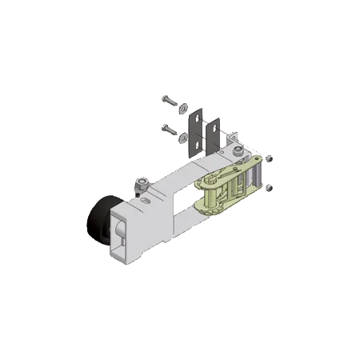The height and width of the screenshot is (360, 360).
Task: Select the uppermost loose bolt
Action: click(x=170, y=100)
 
